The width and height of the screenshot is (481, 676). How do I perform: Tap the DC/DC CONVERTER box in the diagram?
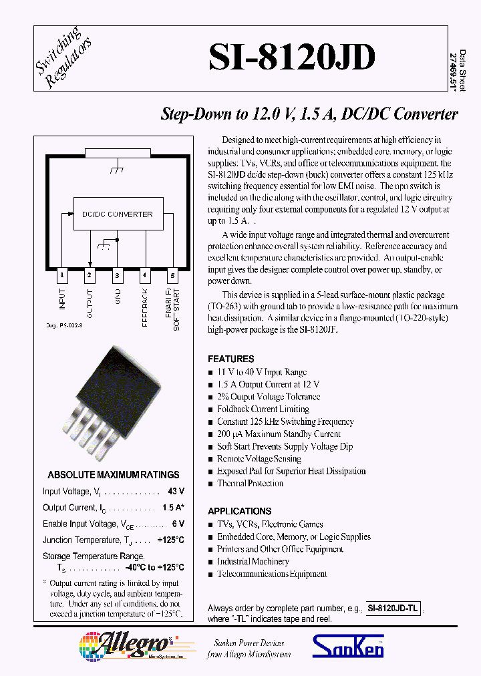(x=117, y=214)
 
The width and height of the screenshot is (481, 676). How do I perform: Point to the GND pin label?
(x=118, y=298)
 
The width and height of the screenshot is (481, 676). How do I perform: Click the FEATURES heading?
(x=231, y=359)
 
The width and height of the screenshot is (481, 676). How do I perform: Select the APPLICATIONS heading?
(x=239, y=511)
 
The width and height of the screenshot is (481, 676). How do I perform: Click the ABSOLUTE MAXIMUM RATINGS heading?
(x=113, y=475)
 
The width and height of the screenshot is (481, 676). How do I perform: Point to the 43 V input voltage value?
(x=176, y=492)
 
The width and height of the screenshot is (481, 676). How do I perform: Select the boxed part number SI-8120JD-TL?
(x=393, y=609)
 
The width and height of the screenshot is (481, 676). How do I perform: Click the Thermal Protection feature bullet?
(x=250, y=484)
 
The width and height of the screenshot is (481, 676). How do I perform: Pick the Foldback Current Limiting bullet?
(x=263, y=409)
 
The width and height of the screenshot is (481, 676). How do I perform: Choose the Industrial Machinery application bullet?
(x=253, y=562)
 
